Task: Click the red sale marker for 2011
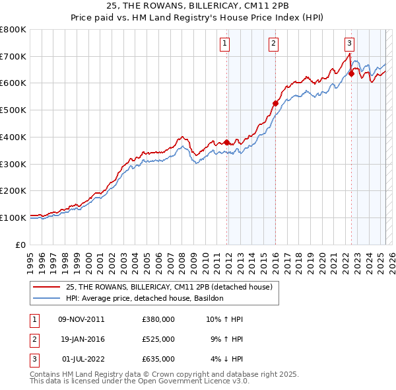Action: (x=226, y=142)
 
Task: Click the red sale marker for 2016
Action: (x=275, y=103)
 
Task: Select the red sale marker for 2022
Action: (x=351, y=73)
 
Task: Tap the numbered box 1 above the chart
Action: (x=225, y=44)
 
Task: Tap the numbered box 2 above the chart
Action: (x=273, y=44)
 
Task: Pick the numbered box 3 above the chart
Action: (x=349, y=44)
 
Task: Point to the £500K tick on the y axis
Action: (x=13, y=110)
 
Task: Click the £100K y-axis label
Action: (x=13, y=217)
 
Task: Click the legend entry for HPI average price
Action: (x=145, y=299)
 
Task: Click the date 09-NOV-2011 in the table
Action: (x=81, y=319)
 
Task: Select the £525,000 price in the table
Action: (x=158, y=339)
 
